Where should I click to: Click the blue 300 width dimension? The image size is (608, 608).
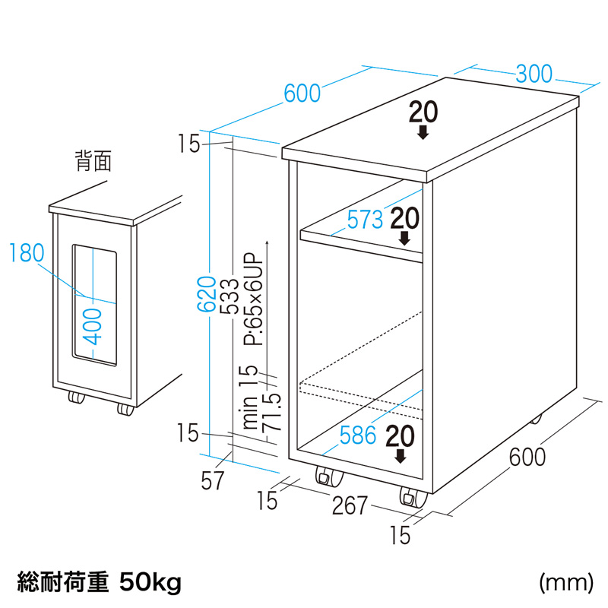534,74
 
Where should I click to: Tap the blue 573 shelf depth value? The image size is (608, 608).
365,220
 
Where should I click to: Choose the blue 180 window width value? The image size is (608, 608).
27,252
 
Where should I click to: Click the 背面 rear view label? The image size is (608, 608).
93,160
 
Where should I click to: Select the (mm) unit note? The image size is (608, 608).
565,583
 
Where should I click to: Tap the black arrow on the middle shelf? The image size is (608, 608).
405,237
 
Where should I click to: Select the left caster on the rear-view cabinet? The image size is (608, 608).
76,397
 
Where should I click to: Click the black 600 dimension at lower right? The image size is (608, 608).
527,458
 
